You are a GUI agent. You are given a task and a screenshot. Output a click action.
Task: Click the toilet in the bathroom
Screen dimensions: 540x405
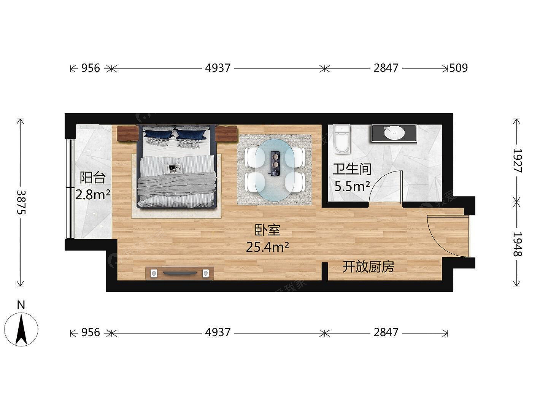[x=342, y=139]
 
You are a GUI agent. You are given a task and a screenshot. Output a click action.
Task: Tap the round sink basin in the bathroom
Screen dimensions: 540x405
[x=394, y=133]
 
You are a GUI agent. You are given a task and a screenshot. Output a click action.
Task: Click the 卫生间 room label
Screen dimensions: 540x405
[x=352, y=170]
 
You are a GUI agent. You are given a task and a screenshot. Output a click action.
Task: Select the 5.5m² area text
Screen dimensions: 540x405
[x=352, y=187]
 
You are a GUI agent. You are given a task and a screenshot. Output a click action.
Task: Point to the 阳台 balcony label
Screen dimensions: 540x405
[x=93, y=178]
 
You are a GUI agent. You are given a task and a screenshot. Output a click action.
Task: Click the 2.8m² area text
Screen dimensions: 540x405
[x=92, y=195]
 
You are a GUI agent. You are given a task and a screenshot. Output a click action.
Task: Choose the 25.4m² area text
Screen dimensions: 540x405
[x=267, y=247]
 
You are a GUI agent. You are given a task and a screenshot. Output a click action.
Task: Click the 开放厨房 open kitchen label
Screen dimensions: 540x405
[x=368, y=267]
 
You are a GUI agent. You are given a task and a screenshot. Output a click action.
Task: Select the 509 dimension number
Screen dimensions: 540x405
[x=458, y=68]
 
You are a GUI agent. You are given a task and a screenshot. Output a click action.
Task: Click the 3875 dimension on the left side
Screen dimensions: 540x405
[x=21, y=202]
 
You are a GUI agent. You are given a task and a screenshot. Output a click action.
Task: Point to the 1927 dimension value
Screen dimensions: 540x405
[x=517, y=160]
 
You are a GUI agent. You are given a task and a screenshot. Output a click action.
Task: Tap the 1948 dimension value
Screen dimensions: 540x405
[x=517, y=244]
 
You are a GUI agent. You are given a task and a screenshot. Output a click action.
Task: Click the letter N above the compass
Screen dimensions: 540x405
[x=21, y=305]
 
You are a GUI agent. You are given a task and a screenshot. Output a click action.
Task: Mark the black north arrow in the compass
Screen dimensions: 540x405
[x=21, y=329]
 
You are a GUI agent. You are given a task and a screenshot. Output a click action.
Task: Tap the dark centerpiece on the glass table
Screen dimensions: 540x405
[x=275, y=164]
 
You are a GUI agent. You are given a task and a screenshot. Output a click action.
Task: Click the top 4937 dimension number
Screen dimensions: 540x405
[x=218, y=68]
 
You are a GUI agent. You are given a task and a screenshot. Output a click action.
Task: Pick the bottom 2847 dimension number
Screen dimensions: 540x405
[x=386, y=332]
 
